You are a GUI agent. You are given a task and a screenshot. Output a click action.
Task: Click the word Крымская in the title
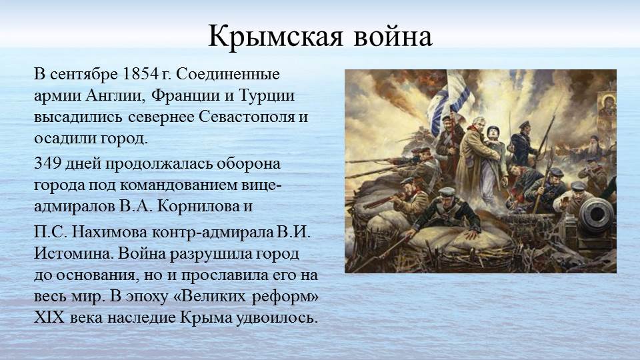click(x=275, y=37)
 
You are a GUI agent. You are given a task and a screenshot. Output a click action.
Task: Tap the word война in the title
click(x=392, y=37)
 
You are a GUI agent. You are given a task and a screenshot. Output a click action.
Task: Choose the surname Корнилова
click(x=200, y=206)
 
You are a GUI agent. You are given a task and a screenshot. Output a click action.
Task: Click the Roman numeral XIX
click(x=49, y=317)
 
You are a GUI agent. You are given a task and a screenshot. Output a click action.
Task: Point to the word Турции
click(x=267, y=95)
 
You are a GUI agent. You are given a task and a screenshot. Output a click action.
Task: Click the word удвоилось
click(x=277, y=317)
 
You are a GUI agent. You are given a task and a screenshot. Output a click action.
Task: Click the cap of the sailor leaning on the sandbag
click(x=446, y=191)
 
